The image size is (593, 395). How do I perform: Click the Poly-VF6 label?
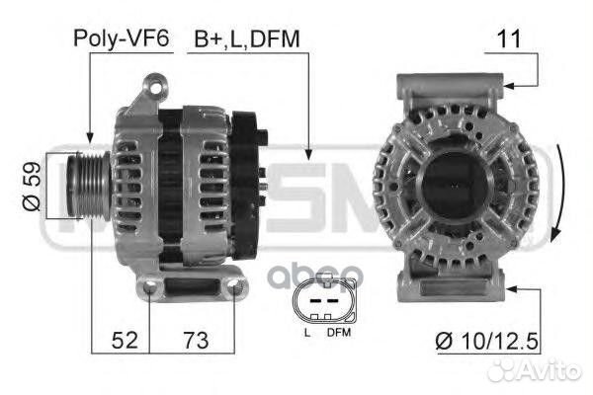[x=121, y=39]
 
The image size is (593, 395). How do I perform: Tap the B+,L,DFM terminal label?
[x=247, y=39]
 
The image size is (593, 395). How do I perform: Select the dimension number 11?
[x=509, y=39]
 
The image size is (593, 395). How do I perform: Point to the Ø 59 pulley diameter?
[x=32, y=186]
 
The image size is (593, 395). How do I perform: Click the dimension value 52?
[x=125, y=340]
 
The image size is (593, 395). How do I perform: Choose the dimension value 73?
[x=196, y=340]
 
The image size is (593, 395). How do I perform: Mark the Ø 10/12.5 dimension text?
[x=486, y=341]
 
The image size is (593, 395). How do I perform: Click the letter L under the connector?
[x=307, y=333]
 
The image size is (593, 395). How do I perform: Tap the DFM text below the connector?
[x=339, y=333]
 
